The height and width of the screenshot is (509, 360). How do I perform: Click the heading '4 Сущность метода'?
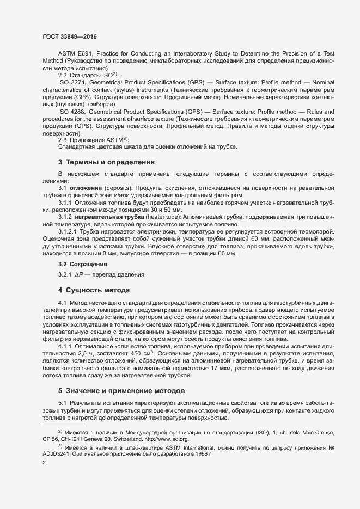pos(94,289)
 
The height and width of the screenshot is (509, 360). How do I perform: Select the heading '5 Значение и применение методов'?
pos(123,391)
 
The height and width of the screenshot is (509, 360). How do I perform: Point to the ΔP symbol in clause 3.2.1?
pos(78,274)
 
